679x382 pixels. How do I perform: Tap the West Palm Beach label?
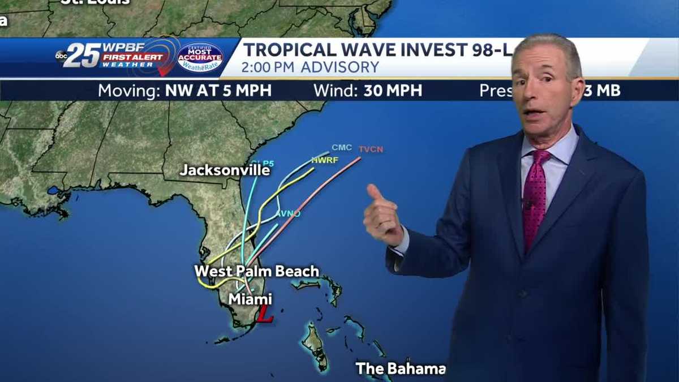257,271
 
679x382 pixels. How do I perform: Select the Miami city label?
250,299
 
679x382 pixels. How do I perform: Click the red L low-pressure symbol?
264,315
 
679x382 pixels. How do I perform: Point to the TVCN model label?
371,149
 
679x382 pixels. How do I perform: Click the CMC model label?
342,148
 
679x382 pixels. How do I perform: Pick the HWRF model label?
325,160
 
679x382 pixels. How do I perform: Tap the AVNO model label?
288,213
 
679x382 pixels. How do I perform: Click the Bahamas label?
400,369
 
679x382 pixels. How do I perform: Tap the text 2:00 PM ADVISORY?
310,67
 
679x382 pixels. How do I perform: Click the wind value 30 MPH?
393,91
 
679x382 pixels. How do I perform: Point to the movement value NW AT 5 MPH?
218,91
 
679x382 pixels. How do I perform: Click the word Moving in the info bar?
130,91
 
